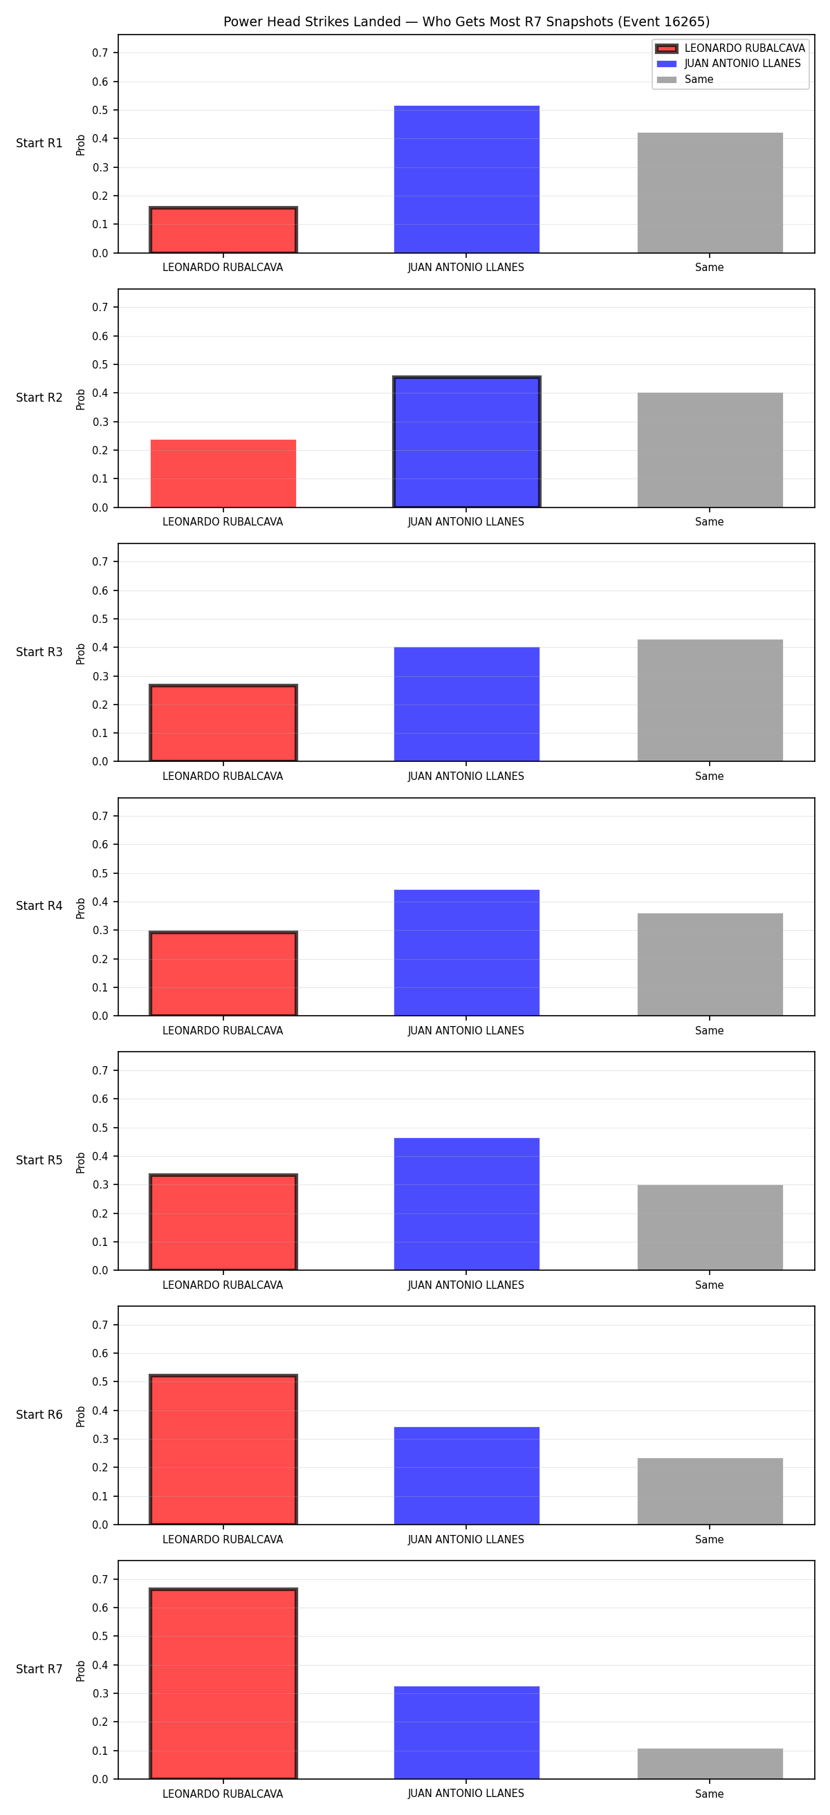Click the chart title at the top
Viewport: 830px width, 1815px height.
[466, 22]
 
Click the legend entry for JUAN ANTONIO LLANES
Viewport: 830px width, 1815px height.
[729, 64]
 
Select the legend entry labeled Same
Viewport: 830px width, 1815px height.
[685, 80]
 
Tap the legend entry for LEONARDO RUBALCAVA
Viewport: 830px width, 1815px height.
[730, 48]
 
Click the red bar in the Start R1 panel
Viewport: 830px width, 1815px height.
[223, 230]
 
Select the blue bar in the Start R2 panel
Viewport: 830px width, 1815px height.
[466, 442]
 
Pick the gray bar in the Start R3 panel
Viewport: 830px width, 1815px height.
[710, 700]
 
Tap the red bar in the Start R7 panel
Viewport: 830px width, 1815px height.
[223, 1683]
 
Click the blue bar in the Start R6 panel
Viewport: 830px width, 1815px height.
[466, 1476]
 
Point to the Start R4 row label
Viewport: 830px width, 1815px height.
[39, 906]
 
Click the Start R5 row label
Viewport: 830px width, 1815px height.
[39, 1160]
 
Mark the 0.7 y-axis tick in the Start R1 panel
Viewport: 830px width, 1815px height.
[100, 53]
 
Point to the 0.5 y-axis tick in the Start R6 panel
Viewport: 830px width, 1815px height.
[100, 1381]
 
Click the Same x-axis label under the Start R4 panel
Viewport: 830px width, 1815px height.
[710, 1031]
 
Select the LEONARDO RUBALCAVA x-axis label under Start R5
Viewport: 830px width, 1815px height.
[223, 1285]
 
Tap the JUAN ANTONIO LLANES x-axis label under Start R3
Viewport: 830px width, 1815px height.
[465, 776]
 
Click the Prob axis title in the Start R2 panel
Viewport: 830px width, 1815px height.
[81, 399]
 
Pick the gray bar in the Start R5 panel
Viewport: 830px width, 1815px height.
[710, 1227]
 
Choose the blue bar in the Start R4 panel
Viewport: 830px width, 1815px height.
[466, 953]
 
